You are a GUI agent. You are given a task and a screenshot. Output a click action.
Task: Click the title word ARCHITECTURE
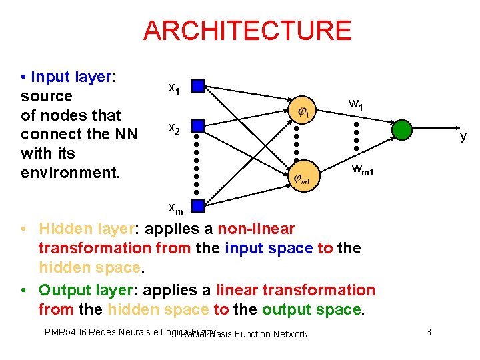pyautogui.click(x=247, y=31)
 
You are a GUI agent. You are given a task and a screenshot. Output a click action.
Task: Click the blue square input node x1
pyautogui.click(x=197, y=86)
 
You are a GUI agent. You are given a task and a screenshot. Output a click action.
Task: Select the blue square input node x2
pyautogui.click(x=197, y=125)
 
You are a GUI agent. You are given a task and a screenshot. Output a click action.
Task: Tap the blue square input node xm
pyautogui.click(x=197, y=205)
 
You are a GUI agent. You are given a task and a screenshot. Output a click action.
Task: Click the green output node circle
pyautogui.click(x=402, y=130)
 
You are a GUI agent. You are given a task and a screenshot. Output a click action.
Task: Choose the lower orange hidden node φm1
pyautogui.click(x=303, y=177)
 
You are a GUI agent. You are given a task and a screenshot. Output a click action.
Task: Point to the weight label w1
pyautogui.click(x=356, y=104)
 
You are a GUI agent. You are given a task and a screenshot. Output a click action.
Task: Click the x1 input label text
pyautogui.click(x=173, y=87)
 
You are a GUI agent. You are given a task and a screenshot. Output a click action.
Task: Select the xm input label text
pyautogui.click(x=175, y=208)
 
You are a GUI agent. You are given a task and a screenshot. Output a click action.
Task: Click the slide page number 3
pyautogui.click(x=429, y=331)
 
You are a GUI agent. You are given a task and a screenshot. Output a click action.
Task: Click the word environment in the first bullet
pyautogui.click(x=70, y=173)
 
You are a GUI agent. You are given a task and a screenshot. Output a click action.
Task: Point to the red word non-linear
pyautogui.click(x=255, y=229)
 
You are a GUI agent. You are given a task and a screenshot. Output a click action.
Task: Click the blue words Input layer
pyautogui.click(x=73, y=77)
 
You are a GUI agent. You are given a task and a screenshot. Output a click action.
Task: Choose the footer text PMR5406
pyautogui.click(x=65, y=331)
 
